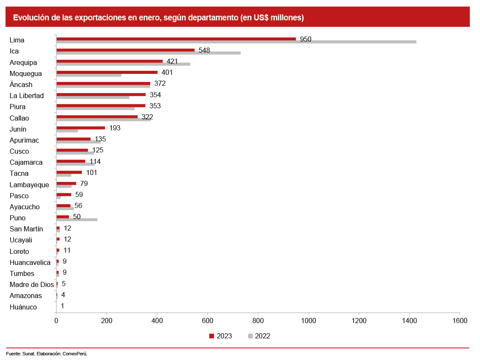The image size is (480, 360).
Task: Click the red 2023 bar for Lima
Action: point(176,39)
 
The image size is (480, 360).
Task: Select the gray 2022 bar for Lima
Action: point(236,42)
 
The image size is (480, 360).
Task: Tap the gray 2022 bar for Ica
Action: point(148,53)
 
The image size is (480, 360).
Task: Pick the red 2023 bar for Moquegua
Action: point(107,72)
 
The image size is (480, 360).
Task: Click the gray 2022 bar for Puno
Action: point(76,219)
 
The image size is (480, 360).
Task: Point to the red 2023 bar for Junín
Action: point(81,127)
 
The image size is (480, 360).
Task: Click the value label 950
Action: point(306,39)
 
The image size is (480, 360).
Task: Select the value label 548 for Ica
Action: point(204,50)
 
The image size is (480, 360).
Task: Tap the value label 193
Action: point(115,128)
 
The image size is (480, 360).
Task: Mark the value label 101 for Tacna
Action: point(92,172)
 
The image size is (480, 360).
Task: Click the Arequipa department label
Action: point(23,62)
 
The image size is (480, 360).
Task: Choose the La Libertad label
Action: point(26,96)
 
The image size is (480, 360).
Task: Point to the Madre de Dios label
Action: point(31,284)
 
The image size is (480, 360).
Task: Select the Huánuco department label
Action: point(23,307)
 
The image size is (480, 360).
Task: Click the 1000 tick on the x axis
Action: point(308,321)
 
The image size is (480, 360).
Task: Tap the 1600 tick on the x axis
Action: point(460,321)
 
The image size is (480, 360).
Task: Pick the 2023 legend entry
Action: point(221,336)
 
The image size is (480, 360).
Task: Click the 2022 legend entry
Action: point(259,336)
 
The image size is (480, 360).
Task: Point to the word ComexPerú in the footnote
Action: point(75,353)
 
